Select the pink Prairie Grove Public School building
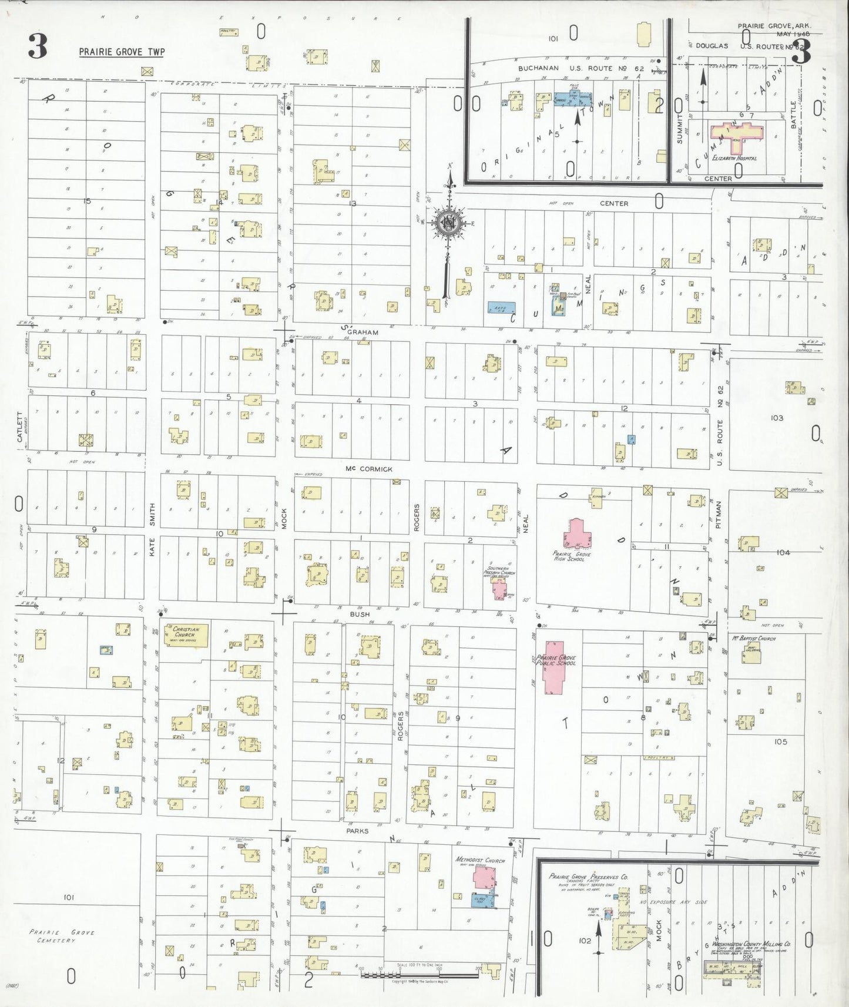click(552, 667)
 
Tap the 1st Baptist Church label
click(754, 638)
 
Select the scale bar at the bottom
click(419, 975)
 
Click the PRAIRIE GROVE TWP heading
click(122, 52)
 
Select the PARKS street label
click(357, 831)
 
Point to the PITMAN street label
click(719, 514)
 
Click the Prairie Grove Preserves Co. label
click(588, 877)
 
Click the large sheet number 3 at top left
click(38, 47)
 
